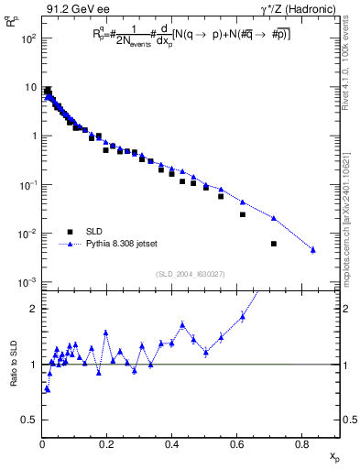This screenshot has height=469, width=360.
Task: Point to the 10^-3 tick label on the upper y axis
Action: click(28, 282)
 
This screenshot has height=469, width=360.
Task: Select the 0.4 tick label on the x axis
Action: click(171, 445)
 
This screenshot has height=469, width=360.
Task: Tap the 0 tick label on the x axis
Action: click(42, 445)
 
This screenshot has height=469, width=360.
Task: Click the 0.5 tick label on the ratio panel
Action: click(29, 420)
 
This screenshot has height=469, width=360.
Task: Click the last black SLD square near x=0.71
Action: click(274, 244)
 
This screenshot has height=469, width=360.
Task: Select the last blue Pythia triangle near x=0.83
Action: click(313, 250)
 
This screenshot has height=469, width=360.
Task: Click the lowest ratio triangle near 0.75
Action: click(47, 389)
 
